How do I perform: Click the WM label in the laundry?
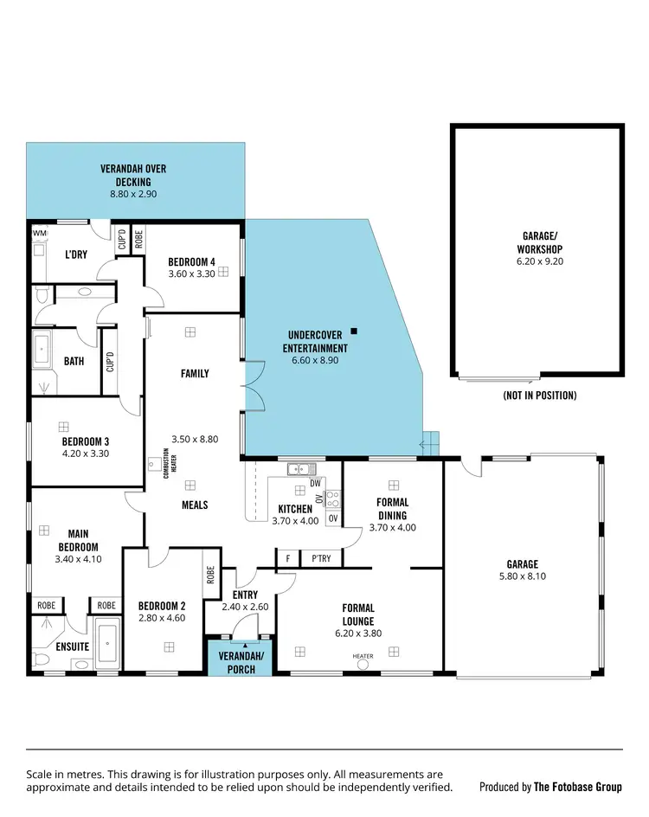[40, 233]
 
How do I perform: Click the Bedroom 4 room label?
[191, 262]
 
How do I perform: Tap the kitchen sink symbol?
[299, 469]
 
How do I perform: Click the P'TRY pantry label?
[321, 559]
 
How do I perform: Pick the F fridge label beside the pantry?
[287, 559]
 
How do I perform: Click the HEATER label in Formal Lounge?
[362, 656]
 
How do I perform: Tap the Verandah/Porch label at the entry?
[241, 664]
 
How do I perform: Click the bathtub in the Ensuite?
[107, 647]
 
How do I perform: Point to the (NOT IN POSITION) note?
[539, 396]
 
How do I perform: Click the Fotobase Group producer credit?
[550, 787]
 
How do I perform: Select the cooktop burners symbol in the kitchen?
[333, 499]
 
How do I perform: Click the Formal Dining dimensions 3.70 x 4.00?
[392, 527]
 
